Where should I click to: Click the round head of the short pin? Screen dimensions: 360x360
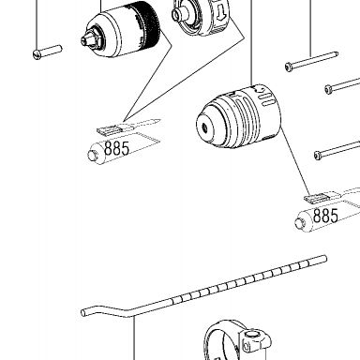37,55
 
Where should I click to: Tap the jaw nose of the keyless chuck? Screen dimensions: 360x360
89,38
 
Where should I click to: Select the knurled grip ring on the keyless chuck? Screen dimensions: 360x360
146,25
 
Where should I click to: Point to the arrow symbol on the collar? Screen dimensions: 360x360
221,13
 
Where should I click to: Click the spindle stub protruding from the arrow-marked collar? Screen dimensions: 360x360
179,13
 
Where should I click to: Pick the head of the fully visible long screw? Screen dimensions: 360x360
289,67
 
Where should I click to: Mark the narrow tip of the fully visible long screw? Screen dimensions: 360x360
336,53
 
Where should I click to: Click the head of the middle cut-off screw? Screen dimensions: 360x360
328,89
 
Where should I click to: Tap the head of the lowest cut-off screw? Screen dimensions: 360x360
318,155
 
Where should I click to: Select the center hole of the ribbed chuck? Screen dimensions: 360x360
204,127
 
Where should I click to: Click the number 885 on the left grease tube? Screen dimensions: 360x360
116,148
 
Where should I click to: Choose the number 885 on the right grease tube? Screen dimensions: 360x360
325,216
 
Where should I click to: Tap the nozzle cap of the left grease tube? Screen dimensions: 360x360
93,156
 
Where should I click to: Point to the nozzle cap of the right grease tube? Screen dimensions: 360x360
300,223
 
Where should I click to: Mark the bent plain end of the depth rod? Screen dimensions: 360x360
83,312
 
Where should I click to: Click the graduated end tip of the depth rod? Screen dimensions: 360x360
324,258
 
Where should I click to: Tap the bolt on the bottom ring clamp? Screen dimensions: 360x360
251,336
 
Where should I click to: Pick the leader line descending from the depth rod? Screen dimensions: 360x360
134,338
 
